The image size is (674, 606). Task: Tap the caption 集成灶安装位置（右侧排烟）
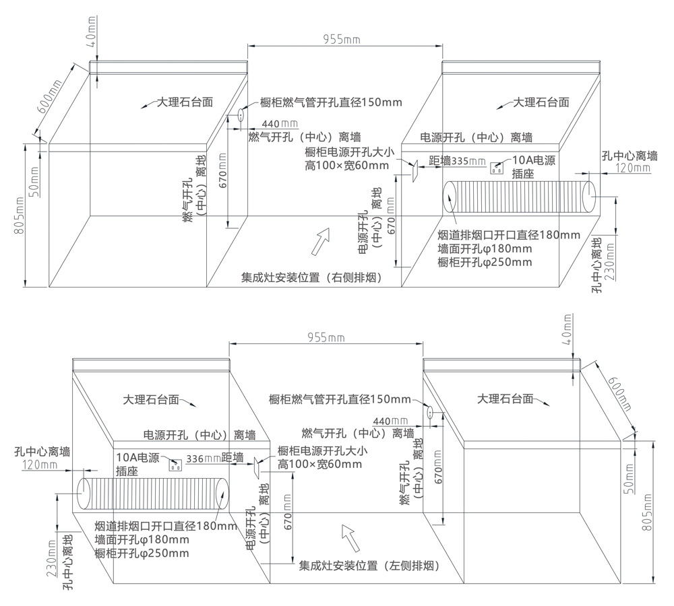[312, 278]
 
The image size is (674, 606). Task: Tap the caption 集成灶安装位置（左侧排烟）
[369, 566]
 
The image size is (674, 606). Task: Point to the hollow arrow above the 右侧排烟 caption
[321, 241]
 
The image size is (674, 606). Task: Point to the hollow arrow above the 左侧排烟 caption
[350, 537]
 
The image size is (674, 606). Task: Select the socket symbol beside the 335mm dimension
[497, 168]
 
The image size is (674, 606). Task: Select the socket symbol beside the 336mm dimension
[175, 465]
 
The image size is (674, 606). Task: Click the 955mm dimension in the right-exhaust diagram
[342, 40]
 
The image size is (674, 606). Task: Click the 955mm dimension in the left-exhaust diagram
[326, 337]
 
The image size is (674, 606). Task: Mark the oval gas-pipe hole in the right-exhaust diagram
[241, 115]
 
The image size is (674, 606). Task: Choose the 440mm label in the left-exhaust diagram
[390, 422]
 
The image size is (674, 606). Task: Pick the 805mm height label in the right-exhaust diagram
[20, 216]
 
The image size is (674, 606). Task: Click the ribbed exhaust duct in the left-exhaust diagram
[153, 494]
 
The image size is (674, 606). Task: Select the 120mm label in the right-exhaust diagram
[633, 168]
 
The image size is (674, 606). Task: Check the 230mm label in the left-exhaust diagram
[52, 558]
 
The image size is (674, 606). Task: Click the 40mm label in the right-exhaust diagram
[92, 27]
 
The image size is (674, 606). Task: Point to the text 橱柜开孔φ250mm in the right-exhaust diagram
[485, 263]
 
